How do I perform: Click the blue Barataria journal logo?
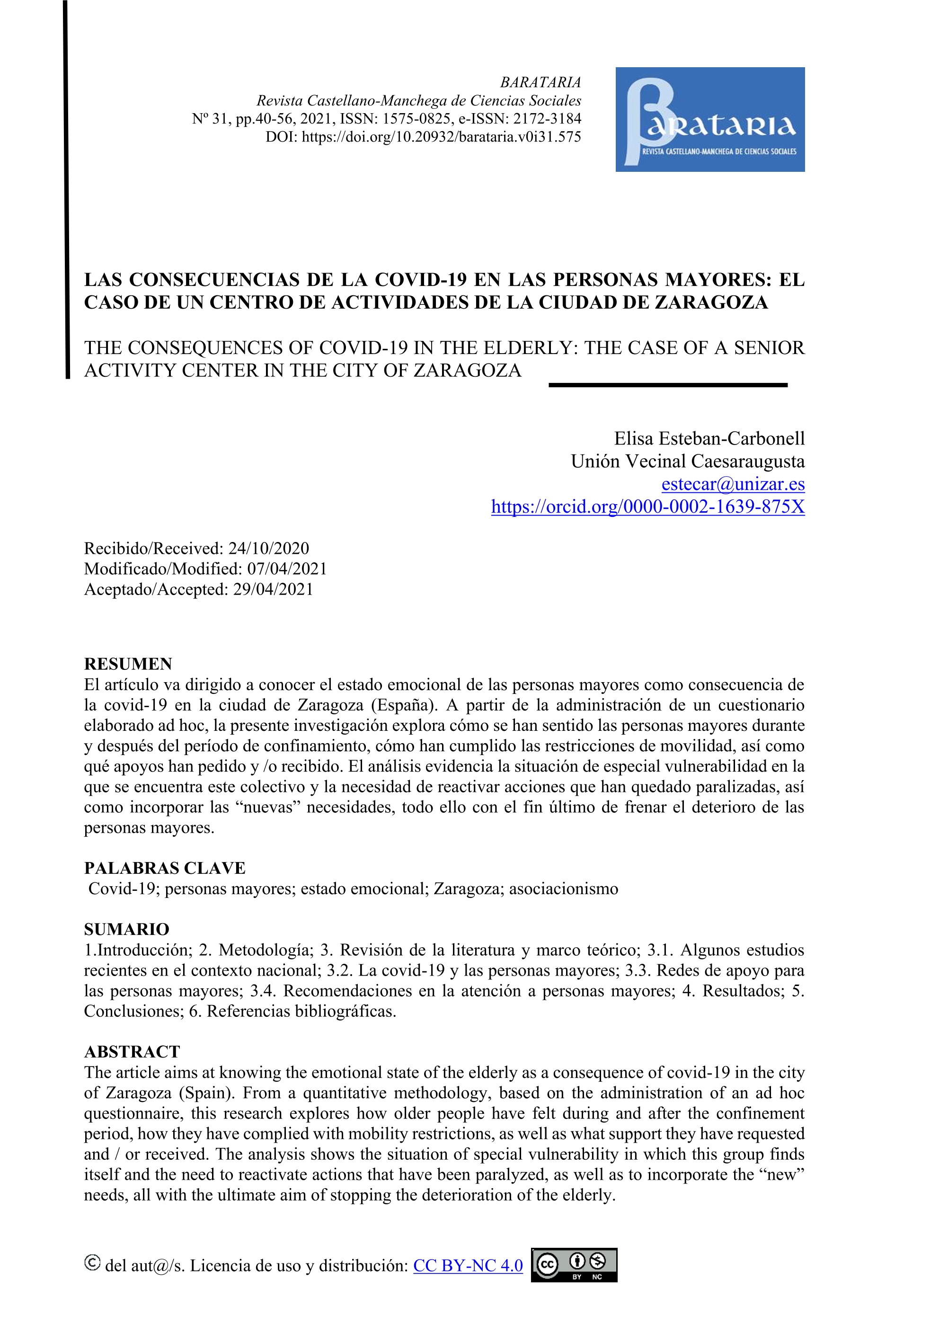(x=709, y=119)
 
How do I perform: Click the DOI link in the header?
(x=441, y=137)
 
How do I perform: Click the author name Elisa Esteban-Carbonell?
(x=709, y=438)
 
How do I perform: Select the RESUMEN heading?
(x=128, y=664)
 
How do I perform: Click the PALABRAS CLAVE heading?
(x=165, y=868)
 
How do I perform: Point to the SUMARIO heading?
(x=126, y=929)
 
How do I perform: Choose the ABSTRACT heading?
(x=132, y=1051)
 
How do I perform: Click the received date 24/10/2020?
(x=268, y=548)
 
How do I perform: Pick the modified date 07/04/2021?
(x=287, y=569)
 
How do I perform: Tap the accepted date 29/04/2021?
(x=273, y=589)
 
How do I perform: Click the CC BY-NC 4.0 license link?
(x=468, y=1265)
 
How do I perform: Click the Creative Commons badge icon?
(x=574, y=1265)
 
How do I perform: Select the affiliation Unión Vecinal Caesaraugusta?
(x=687, y=461)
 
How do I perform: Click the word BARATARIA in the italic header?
(x=540, y=82)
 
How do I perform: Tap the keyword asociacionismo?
(x=563, y=889)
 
